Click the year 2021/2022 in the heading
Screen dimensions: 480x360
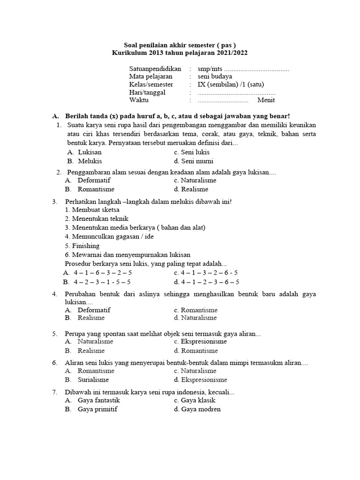click(231, 53)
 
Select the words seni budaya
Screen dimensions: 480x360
click(215, 76)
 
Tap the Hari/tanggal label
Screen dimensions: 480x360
click(147, 92)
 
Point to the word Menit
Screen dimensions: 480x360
click(266, 100)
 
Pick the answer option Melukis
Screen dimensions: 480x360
click(90, 161)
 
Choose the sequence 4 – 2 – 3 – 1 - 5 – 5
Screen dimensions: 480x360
click(102, 282)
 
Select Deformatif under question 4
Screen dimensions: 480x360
click(94, 310)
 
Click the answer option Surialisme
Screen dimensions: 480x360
click(93, 380)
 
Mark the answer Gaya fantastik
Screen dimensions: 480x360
click(98, 400)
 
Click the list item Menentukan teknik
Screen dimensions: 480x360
click(97, 219)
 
